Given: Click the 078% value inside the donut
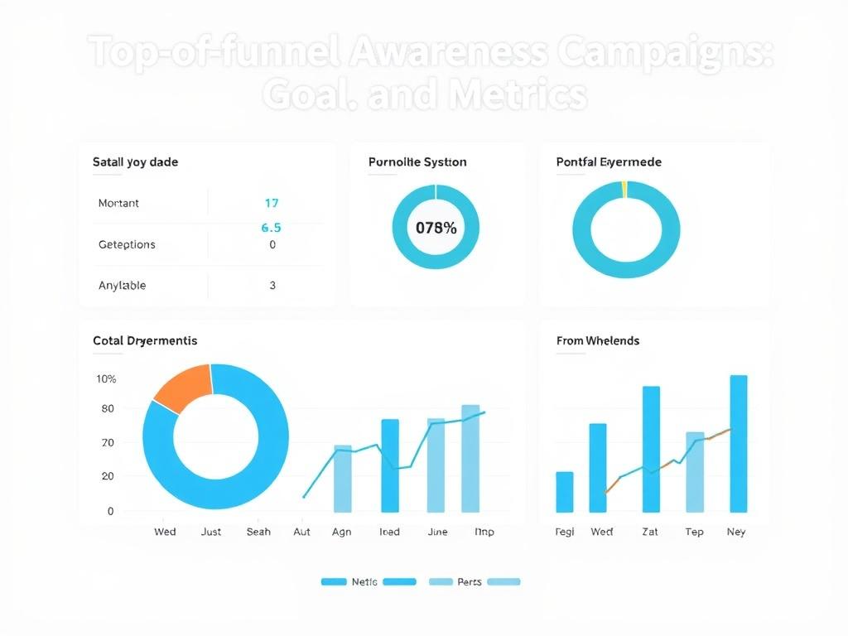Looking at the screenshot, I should tap(436, 228).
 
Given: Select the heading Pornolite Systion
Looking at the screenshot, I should tap(417, 162).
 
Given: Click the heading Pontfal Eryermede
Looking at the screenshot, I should tap(609, 162).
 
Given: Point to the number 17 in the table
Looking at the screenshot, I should tap(271, 203).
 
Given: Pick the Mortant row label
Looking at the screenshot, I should tap(118, 203).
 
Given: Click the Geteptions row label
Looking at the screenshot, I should tap(127, 244).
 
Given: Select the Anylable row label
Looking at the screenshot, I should tap(122, 285).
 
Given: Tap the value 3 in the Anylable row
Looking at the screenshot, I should tap(272, 285).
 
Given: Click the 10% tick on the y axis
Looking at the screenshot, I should tap(106, 378).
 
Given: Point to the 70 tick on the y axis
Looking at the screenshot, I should tap(108, 443).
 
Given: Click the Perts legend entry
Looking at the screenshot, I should tap(469, 582).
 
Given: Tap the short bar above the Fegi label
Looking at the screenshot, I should tap(564, 492).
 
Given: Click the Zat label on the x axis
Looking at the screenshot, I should tap(650, 532).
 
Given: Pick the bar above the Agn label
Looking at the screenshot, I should tap(342, 479).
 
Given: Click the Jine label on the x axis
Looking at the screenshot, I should tap(437, 532).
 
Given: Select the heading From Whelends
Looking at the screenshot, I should tap(598, 340).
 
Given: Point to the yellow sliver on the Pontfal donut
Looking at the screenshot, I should tap(624, 189).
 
